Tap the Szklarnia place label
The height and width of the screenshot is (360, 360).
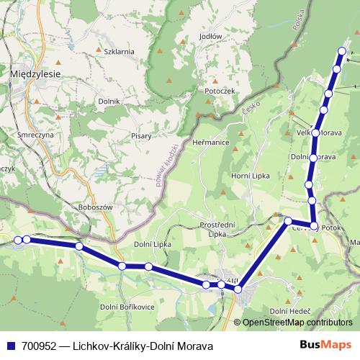119,52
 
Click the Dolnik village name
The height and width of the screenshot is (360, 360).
109,102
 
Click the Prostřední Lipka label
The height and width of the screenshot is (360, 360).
219,230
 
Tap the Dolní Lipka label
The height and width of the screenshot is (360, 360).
151,246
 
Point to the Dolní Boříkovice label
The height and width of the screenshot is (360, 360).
128,307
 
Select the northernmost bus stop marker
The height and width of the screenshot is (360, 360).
341,50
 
